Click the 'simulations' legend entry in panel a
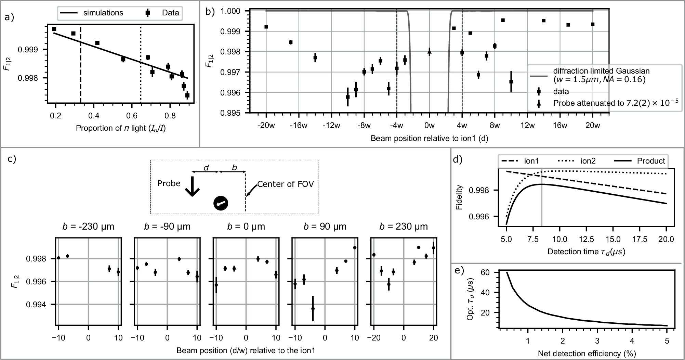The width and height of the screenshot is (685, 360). [103, 13]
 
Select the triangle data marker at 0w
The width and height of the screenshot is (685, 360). [429, 52]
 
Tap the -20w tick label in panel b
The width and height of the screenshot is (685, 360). [266, 126]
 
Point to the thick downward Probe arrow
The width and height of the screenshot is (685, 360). [193, 187]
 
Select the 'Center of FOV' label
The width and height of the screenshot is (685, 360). [285, 184]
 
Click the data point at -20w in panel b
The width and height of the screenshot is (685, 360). [266, 27]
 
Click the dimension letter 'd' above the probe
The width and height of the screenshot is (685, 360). [206, 168]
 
